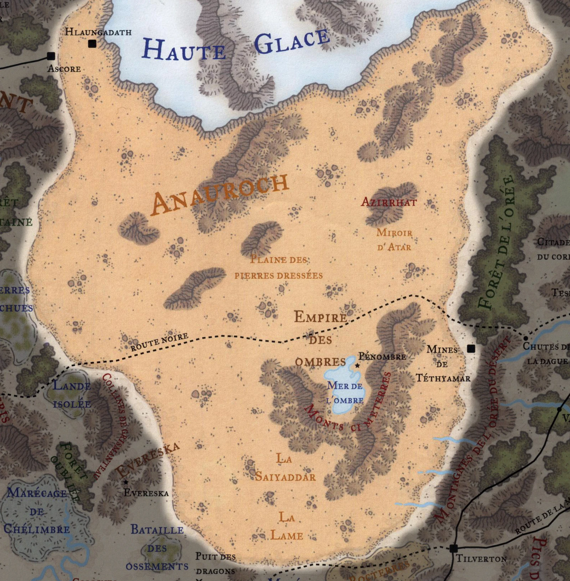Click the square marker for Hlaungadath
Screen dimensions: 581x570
click(92, 44)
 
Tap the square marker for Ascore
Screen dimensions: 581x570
click(51, 56)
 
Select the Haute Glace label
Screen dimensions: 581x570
click(236, 46)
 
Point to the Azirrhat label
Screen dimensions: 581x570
click(389, 203)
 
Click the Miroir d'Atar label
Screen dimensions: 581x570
click(394, 240)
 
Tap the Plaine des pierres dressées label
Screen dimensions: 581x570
click(279, 267)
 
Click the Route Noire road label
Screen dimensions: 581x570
click(159, 342)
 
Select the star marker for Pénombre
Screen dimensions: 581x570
click(357, 366)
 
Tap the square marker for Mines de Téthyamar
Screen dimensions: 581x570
click(471, 348)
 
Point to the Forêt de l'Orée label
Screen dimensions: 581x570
click(497, 243)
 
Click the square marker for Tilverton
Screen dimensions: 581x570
click(453, 548)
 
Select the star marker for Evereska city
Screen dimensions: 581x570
click(126, 482)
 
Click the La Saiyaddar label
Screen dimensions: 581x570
click(285, 468)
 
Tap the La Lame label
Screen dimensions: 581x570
click(287, 526)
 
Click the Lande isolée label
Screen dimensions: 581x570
click(72, 395)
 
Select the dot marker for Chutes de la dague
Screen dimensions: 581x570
click(525, 338)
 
